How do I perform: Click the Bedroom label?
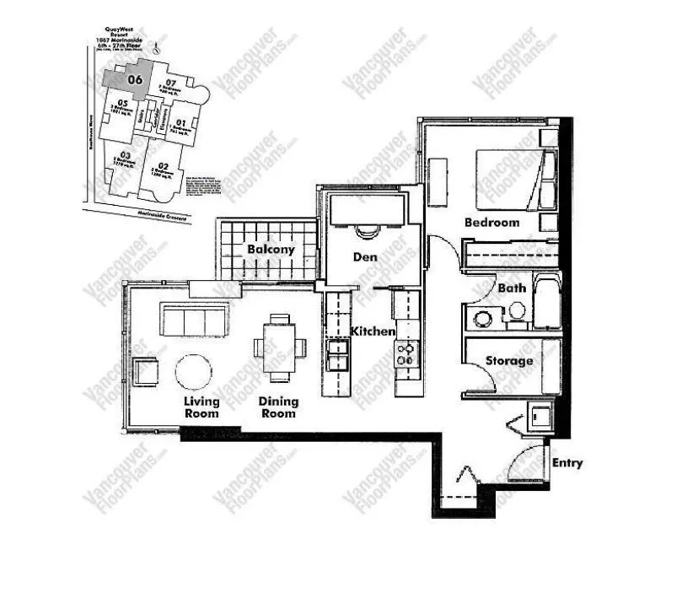click(491, 223)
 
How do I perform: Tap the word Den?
click(365, 256)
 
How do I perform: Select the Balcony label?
click(271, 250)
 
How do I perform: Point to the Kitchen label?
click(373, 331)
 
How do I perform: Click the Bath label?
click(512, 288)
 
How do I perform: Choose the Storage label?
click(508, 361)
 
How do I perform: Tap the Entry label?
click(567, 463)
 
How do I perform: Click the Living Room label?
click(201, 407)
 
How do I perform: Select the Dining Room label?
click(278, 407)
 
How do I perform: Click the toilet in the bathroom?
click(516, 312)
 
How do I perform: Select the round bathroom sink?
click(484, 319)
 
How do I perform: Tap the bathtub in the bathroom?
click(548, 300)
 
